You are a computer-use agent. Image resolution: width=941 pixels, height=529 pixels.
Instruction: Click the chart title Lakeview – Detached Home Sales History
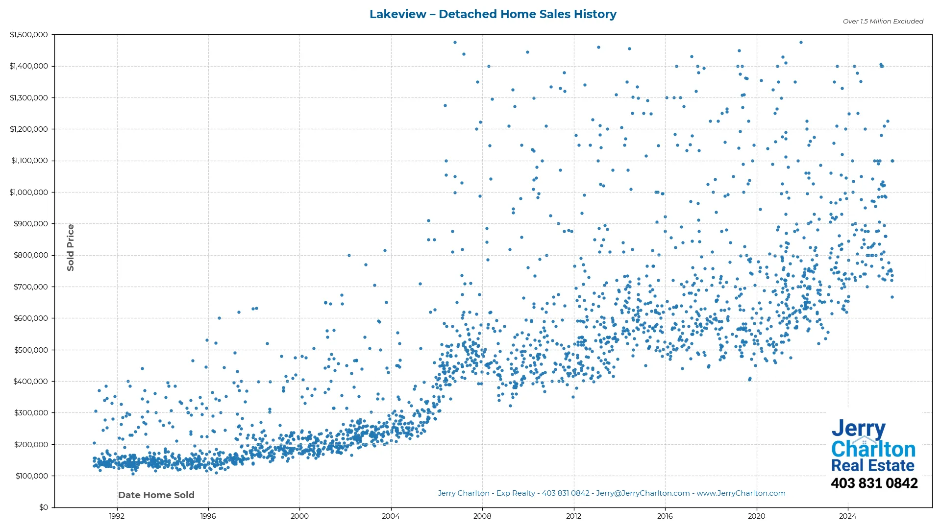(x=493, y=14)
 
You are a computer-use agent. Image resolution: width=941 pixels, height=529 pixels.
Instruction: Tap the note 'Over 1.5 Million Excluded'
(x=883, y=22)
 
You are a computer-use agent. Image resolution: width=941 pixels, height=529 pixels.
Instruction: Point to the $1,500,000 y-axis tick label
(x=29, y=35)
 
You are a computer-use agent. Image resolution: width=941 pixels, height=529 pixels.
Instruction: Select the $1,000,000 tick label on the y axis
(x=29, y=192)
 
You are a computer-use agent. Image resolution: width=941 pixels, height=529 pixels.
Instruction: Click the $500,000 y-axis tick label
(x=31, y=350)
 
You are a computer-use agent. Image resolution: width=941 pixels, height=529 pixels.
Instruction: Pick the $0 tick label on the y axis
(x=44, y=507)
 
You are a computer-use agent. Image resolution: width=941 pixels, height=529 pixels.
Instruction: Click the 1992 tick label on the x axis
(x=117, y=516)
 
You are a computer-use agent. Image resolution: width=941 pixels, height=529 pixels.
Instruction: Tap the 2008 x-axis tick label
(x=482, y=516)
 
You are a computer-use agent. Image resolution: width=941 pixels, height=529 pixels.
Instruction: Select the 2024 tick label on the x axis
(x=847, y=516)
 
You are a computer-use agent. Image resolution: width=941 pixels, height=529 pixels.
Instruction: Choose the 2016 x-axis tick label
(x=665, y=516)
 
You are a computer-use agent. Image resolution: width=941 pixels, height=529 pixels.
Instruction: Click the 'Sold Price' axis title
(x=71, y=247)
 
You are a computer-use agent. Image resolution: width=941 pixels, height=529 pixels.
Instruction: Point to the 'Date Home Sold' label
(x=156, y=495)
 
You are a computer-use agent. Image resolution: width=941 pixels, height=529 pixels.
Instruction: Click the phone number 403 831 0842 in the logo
(x=874, y=483)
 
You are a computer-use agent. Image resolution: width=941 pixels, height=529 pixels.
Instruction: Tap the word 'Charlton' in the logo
(x=873, y=449)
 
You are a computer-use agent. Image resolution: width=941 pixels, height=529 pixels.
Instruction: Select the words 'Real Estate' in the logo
(x=872, y=465)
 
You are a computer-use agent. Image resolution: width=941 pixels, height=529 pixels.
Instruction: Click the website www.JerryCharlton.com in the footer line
(x=741, y=493)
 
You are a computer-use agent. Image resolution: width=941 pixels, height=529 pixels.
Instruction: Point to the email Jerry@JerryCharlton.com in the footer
(x=643, y=493)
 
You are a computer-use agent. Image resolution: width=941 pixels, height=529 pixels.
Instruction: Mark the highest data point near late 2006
(x=455, y=43)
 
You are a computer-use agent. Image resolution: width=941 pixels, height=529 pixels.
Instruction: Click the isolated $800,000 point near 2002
(x=349, y=255)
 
